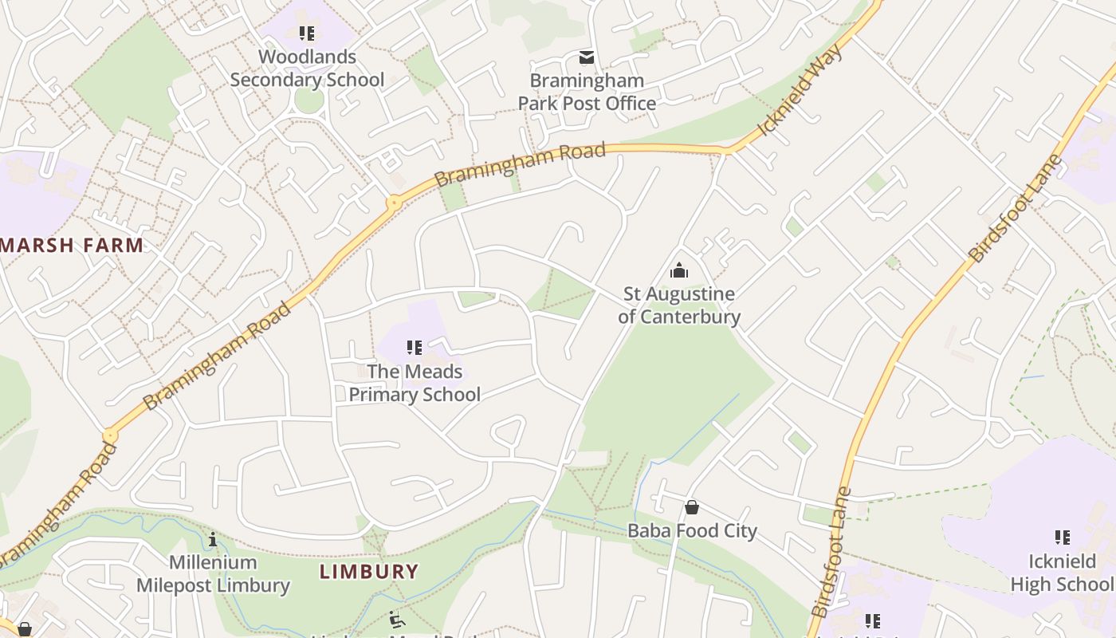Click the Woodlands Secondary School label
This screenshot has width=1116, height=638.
point(307,69)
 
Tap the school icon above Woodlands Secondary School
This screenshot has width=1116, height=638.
point(307,33)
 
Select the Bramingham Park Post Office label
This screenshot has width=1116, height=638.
point(587,92)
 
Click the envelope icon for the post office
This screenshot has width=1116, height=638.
point(587,57)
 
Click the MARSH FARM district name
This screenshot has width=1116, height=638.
point(73,245)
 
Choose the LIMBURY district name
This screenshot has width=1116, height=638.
point(369,571)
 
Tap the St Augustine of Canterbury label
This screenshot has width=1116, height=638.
point(679,305)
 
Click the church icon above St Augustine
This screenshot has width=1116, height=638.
point(679,271)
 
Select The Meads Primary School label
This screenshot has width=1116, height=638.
point(415,383)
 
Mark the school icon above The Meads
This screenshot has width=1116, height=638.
point(415,348)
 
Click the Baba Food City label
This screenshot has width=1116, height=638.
point(692,530)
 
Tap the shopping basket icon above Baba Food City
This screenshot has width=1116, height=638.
point(692,507)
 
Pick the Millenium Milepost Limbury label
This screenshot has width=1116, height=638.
point(213,574)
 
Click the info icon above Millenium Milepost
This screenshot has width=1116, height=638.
point(213,540)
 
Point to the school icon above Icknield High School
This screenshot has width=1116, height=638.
point(1063,538)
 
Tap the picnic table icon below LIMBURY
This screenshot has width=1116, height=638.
point(396,619)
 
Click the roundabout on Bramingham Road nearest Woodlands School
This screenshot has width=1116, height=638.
point(393,203)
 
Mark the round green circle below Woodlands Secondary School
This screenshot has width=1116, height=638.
point(308,100)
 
